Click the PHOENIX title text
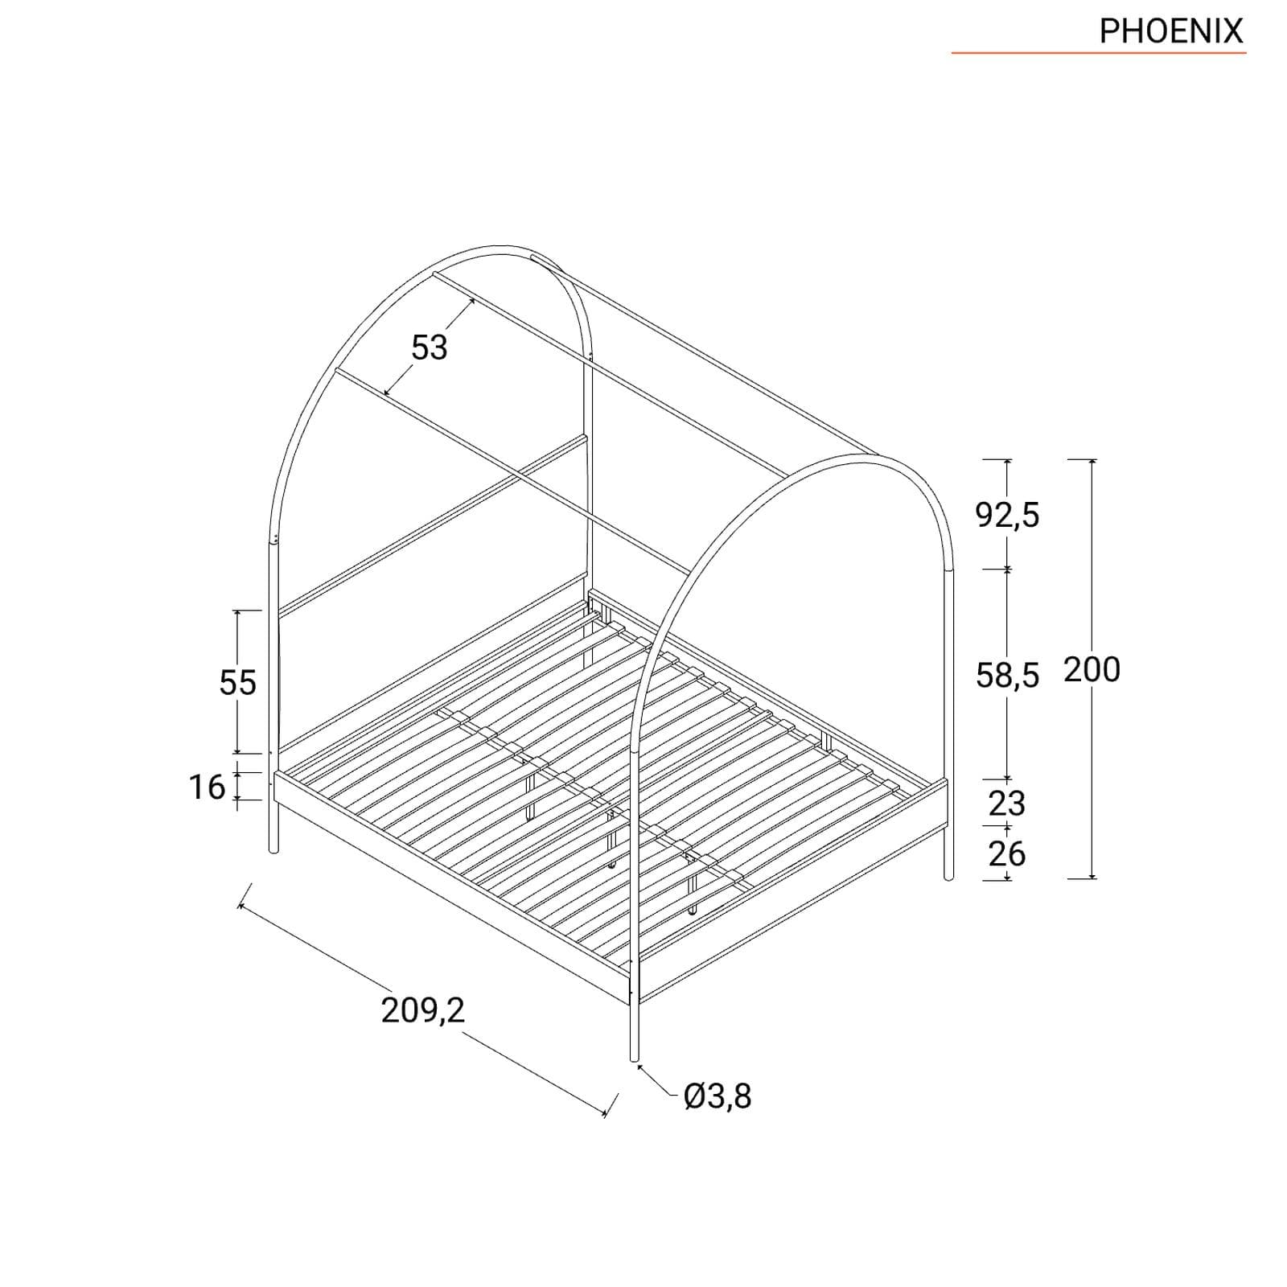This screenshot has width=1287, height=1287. click(x=1170, y=31)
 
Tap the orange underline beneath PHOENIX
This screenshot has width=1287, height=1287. click(x=1099, y=53)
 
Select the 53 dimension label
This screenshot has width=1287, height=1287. click(x=429, y=347)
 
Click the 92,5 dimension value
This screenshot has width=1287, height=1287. click(x=1007, y=515)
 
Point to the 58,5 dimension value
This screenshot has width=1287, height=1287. click(x=1007, y=675)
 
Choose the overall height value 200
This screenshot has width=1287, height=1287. click(x=1092, y=669)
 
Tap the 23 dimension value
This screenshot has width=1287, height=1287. click(x=1006, y=803)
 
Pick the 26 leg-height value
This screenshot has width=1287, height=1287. click(x=1006, y=853)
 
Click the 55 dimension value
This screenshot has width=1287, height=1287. click(x=237, y=682)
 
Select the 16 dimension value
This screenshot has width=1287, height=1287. click(x=208, y=787)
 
